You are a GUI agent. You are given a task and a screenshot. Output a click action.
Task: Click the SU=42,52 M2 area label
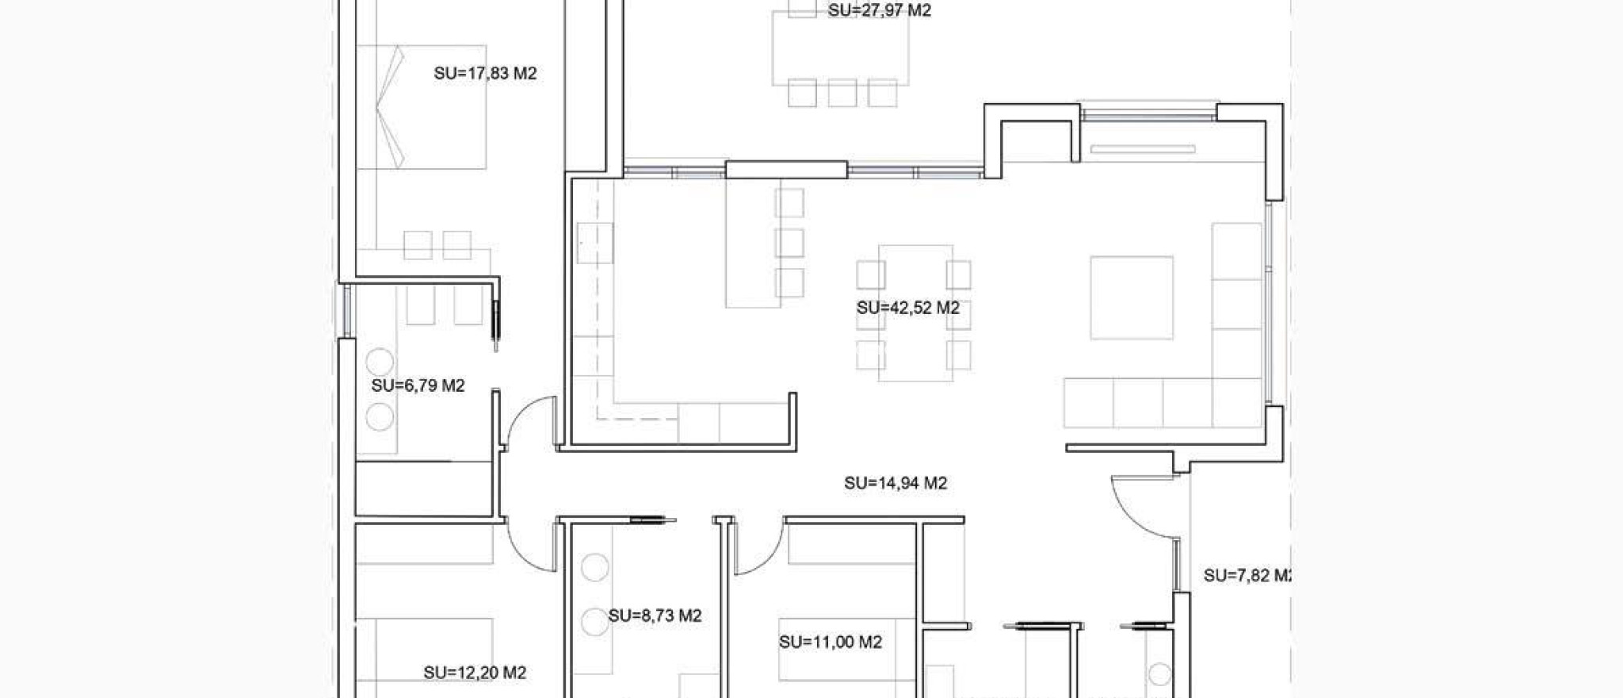(907, 308)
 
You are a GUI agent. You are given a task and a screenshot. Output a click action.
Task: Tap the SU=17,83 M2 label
(485, 74)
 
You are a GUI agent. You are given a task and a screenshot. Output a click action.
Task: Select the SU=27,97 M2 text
(879, 11)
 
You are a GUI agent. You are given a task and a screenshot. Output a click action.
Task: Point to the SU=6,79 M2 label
(418, 386)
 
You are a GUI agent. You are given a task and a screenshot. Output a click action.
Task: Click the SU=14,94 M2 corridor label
(896, 483)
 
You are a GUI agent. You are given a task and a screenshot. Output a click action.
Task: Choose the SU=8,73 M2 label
(655, 616)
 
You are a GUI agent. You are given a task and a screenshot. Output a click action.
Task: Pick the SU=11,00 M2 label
(830, 642)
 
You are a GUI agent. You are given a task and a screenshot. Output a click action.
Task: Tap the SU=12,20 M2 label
(475, 673)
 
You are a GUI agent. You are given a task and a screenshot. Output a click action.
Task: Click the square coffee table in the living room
(1131, 297)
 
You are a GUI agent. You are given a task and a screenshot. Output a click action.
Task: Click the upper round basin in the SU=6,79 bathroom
(380, 362)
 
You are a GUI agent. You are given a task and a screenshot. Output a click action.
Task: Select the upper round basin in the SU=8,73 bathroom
(594, 567)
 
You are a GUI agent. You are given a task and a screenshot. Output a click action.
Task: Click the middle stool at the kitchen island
(789, 243)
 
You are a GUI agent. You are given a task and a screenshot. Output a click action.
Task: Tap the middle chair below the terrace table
(842, 93)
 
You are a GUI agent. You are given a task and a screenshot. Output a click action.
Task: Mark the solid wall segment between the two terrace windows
(786, 170)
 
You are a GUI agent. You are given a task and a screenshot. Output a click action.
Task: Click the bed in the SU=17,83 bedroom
(422, 107)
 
